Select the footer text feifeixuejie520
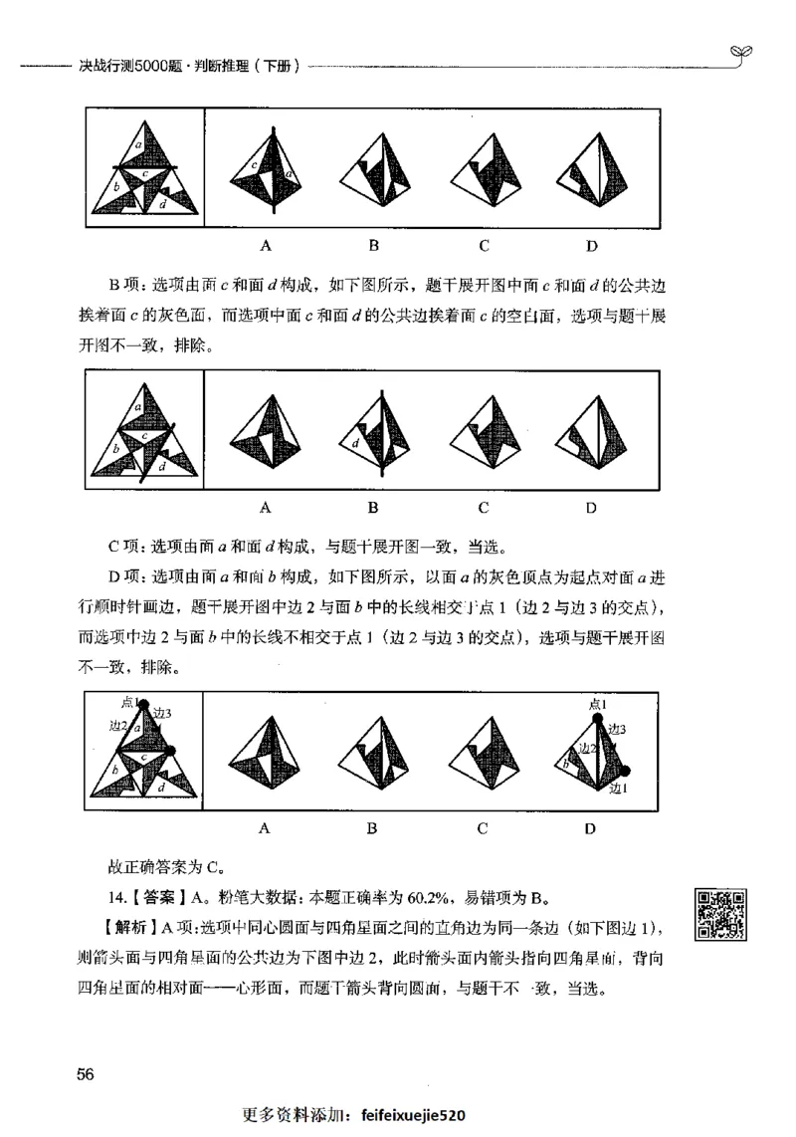[x=414, y=1117]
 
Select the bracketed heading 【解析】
[x=124, y=928]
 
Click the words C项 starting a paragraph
[x=126, y=547]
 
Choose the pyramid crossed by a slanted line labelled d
[x=375, y=436]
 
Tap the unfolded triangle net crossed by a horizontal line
[x=145, y=171]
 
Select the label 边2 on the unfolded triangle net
[x=117, y=727]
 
